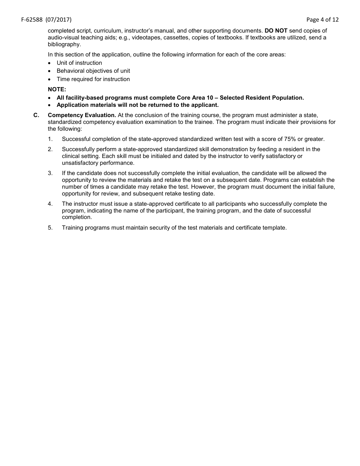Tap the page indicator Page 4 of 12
click(x=322, y=20)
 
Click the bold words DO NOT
click(x=276, y=31)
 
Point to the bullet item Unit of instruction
click(x=79, y=63)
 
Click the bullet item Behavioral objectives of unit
click(x=93, y=71)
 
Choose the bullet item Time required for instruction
click(x=93, y=79)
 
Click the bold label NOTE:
click(x=57, y=89)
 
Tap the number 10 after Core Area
click(x=210, y=98)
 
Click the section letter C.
click(x=36, y=115)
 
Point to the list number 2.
click(x=50, y=149)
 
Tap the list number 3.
click(x=50, y=173)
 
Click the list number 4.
click(x=50, y=204)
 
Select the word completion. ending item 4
click(x=77, y=217)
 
